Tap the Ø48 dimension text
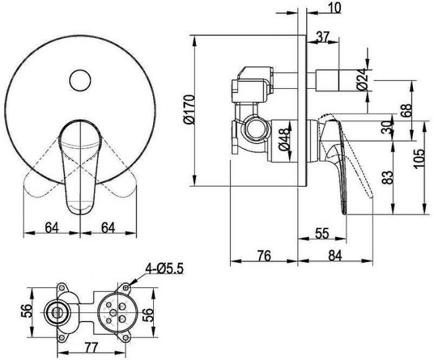click(284, 140)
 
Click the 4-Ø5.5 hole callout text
click(165, 268)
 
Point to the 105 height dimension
click(418, 158)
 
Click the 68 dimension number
click(407, 111)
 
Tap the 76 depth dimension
click(264, 256)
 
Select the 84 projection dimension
click(335, 256)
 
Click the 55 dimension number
click(322, 233)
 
